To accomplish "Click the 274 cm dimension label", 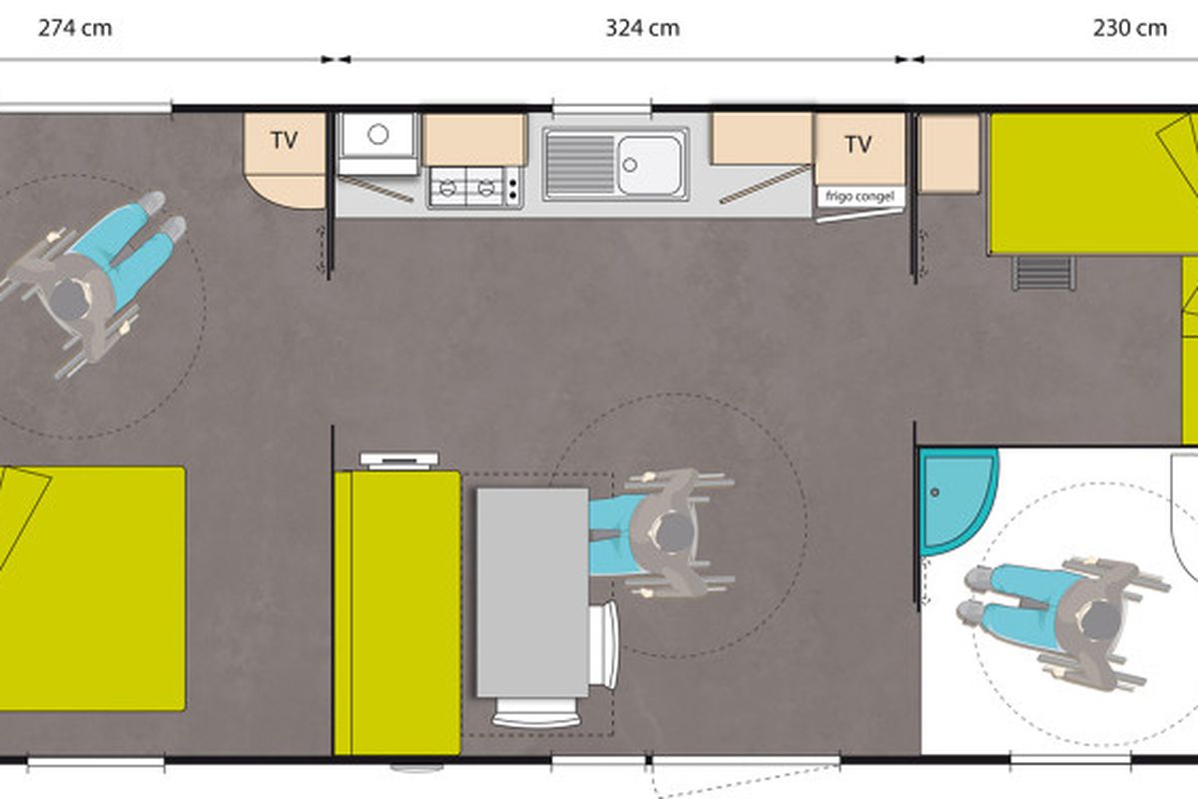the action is point(75,28).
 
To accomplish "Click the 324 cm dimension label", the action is point(642,28).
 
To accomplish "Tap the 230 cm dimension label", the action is point(1130,28).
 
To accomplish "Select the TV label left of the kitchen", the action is point(284,141).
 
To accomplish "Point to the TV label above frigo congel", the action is point(859,144).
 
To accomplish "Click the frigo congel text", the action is point(860,197).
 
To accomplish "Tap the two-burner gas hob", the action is point(474,188).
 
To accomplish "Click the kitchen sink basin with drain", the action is point(649,165).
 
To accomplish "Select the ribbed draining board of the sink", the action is point(580,164).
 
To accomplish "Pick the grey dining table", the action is point(533,592).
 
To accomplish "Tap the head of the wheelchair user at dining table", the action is point(673,532).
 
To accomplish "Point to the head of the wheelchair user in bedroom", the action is point(70,300).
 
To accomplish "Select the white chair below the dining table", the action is point(536,712).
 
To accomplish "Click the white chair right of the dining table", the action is point(604,645).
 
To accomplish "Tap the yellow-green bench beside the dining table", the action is point(397,613).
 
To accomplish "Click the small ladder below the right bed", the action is point(1043,273).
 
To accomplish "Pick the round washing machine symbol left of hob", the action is point(378,135).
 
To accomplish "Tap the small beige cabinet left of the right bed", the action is point(949,153).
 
